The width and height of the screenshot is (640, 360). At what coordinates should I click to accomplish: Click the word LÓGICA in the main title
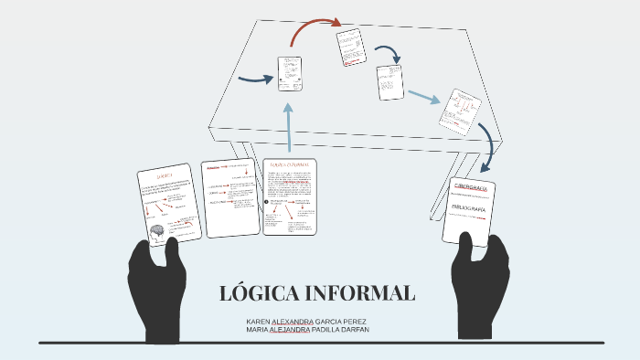(x=260, y=294)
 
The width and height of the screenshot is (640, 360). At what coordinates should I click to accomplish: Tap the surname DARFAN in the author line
(x=373, y=331)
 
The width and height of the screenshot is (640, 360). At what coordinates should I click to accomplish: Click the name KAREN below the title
(x=259, y=322)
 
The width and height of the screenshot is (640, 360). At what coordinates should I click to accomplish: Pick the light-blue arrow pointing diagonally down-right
(x=423, y=96)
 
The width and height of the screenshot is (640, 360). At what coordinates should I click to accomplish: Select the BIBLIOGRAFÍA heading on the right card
(x=472, y=208)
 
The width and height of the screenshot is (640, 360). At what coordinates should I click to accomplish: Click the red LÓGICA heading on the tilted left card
(x=165, y=175)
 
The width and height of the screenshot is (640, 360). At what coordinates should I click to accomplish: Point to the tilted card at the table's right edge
(x=459, y=111)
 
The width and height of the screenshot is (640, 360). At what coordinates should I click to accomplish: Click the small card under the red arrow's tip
(x=350, y=48)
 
